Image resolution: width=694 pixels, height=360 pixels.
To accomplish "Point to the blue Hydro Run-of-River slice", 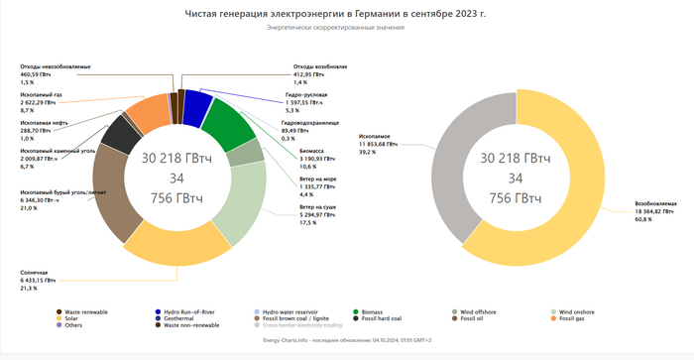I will (197, 102).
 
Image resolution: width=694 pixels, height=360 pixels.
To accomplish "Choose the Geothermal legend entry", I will (180, 318).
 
